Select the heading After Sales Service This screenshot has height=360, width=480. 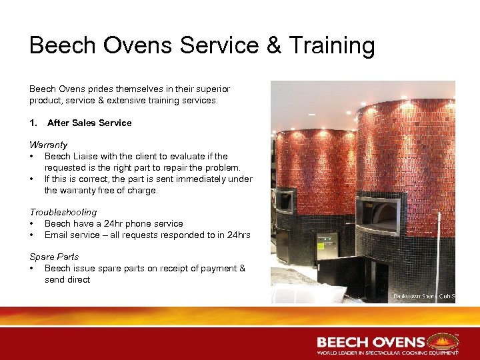point(89,123)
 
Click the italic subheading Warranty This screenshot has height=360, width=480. point(48,145)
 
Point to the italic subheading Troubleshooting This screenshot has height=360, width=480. point(63,212)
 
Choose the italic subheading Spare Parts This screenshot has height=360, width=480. point(54,257)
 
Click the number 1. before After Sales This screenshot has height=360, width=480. point(33,123)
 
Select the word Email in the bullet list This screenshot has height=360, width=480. point(57,235)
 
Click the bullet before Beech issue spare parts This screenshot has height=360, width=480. point(32,268)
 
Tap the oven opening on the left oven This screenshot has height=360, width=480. point(284,201)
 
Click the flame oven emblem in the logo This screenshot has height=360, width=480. point(443,341)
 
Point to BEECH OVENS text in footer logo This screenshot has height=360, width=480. point(371,342)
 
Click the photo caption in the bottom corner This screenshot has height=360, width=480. point(423,295)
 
